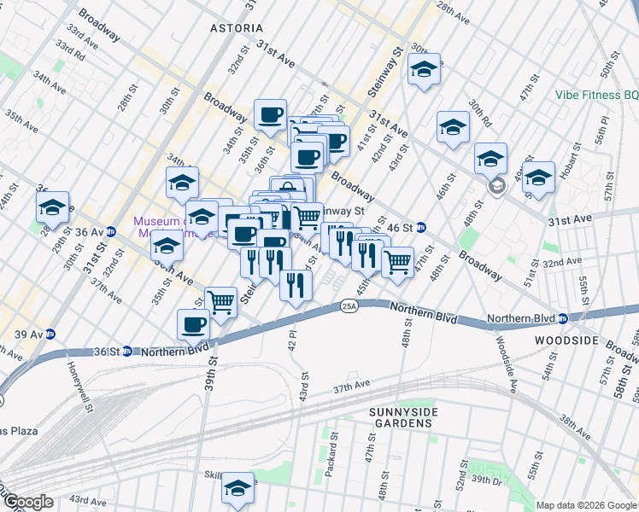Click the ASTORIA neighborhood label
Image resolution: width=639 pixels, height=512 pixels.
pos(237,28)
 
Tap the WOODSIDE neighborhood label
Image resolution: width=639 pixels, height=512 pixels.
pos(566,340)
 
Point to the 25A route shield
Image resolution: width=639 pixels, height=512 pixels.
pos(349,305)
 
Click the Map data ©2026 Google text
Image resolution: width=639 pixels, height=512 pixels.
pos(586,505)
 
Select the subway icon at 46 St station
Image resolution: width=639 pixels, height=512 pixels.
pos(421,228)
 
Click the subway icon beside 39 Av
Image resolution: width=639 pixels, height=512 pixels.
pos(50,334)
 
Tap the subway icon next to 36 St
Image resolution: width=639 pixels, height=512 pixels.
pos(126,350)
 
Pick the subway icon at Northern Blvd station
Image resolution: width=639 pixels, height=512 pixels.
pos(562,319)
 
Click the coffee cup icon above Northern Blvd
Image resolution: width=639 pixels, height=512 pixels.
pos(194,324)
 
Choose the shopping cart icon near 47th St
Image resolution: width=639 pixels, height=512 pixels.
pos(397,261)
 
